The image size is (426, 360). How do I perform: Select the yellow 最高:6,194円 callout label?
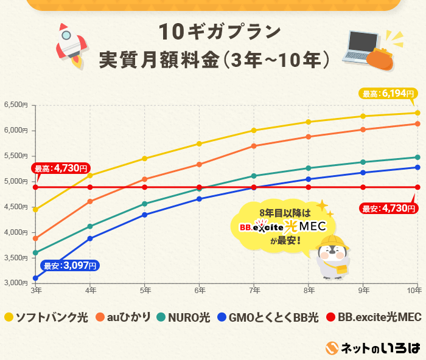(x=388, y=94)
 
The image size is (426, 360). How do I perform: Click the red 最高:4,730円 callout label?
(x=61, y=168)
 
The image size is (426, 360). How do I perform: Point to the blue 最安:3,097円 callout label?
(x=69, y=265)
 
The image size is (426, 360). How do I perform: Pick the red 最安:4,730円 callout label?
(x=388, y=209)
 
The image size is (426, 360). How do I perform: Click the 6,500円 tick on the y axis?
(x=16, y=105)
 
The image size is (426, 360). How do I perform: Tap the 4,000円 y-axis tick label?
(x=16, y=232)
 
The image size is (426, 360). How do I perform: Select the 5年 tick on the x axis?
(x=144, y=291)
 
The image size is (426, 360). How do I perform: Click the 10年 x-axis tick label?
(x=416, y=291)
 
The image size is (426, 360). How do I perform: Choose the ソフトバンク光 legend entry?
(x=46, y=317)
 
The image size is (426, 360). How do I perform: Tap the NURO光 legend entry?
(x=183, y=317)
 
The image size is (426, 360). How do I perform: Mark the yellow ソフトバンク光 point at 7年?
(x=254, y=130)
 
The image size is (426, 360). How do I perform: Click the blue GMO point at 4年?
(x=90, y=238)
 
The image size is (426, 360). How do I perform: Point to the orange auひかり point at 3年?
(x=36, y=238)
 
